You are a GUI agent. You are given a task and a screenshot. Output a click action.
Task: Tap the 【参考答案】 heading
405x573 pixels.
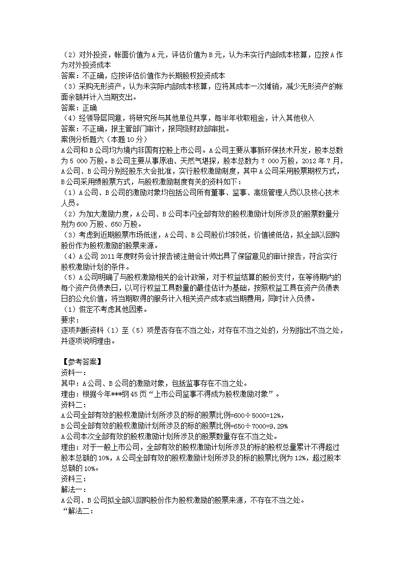point(81,363)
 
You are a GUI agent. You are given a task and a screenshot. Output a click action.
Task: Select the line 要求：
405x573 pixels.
point(70,320)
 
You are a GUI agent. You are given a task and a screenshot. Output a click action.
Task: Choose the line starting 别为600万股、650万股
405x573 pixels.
point(102,224)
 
